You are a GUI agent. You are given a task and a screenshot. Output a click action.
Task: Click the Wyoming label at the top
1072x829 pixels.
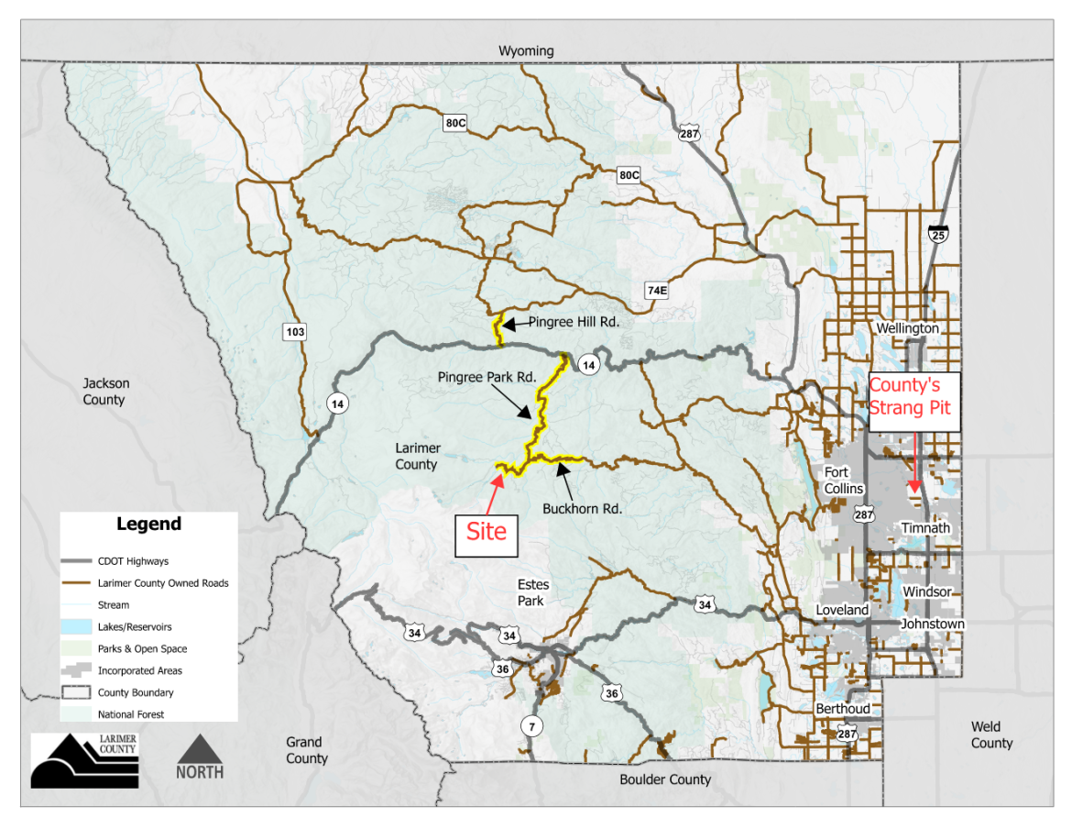pyautogui.click(x=526, y=50)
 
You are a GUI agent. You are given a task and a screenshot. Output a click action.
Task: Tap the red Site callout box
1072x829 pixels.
pyautogui.click(x=486, y=532)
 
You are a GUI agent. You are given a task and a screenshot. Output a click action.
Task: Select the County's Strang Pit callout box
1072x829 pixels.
pyautogui.click(x=913, y=401)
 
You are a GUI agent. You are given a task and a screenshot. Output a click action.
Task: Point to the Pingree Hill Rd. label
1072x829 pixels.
pyautogui.click(x=574, y=323)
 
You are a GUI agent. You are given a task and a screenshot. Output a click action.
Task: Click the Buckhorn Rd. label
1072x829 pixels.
pyautogui.click(x=582, y=508)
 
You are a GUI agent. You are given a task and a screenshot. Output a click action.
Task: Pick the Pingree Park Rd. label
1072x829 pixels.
pyautogui.click(x=487, y=377)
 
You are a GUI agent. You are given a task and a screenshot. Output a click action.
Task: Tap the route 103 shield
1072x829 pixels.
pyautogui.click(x=295, y=332)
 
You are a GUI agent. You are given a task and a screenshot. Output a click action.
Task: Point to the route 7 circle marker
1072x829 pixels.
pyautogui.click(x=531, y=726)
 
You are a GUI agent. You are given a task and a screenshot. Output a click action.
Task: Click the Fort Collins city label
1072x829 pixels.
pyautogui.click(x=843, y=481)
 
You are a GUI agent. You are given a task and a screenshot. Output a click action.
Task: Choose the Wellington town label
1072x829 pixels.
pyautogui.click(x=907, y=328)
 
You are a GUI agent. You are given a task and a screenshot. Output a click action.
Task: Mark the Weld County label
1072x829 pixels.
pyautogui.click(x=991, y=735)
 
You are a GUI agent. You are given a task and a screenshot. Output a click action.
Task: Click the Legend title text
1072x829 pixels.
pyautogui.click(x=148, y=525)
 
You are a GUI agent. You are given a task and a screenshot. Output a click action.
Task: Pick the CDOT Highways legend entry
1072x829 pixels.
pyautogui.click(x=133, y=561)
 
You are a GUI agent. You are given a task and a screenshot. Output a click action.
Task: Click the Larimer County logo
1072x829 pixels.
pyautogui.click(x=85, y=760)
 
